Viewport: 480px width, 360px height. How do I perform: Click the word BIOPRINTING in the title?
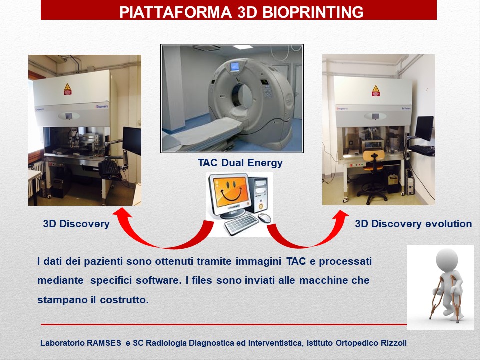(313, 12)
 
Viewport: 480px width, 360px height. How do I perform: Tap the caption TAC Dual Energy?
(240, 163)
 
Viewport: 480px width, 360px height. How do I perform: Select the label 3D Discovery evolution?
(413, 224)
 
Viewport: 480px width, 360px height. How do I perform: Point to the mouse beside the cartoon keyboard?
(264, 218)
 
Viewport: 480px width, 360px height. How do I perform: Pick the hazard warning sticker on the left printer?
(67, 89)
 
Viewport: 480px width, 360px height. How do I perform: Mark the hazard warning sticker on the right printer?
(375, 91)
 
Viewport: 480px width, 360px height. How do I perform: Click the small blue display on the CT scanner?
(235, 66)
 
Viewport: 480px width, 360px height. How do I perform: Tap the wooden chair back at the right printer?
(374, 155)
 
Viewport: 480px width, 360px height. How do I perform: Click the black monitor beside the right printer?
(425, 128)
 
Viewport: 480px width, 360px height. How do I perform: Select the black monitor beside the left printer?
(132, 141)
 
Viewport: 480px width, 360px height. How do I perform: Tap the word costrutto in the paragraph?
(124, 300)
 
